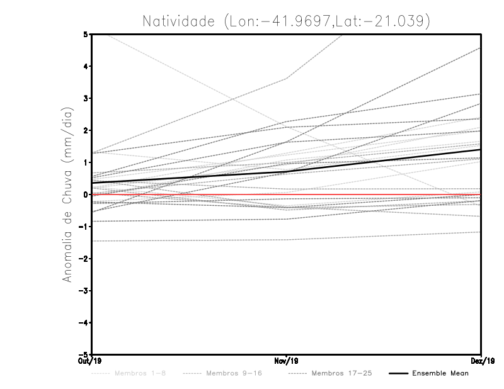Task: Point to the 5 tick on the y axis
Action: (x=86, y=34)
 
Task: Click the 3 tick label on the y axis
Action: (x=86, y=98)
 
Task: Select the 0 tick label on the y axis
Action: (x=86, y=194)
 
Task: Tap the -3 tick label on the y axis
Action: (x=84, y=291)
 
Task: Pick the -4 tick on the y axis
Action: (x=84, y=323)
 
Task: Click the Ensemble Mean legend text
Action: (x=440, y=374)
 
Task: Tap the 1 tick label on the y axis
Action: (x=86, y=162)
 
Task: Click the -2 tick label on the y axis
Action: (x=84, y=259)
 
